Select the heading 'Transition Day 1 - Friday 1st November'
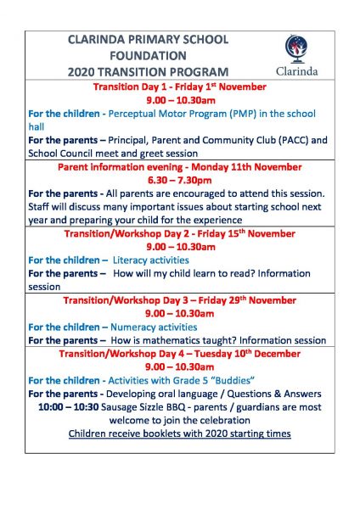pos(179,87)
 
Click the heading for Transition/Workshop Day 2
pos(179,233)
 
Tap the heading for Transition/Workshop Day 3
pos(179,299)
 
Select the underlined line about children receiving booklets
pos(179,433)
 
